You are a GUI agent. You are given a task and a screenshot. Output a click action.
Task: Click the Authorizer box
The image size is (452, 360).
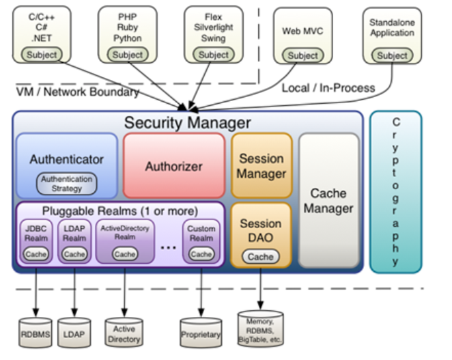(173, 165)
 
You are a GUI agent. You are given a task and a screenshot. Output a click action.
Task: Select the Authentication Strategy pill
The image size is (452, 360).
(66, 183)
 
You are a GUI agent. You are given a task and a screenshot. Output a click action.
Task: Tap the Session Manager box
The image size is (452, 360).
(262, 165)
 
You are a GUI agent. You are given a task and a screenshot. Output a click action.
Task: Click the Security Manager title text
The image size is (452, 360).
(187, 123)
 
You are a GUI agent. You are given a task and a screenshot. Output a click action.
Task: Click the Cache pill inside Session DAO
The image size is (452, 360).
(260, 256)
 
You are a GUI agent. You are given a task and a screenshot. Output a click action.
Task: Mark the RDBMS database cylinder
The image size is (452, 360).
(35, 333)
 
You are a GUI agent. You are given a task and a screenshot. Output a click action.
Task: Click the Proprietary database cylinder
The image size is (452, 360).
(201, 333)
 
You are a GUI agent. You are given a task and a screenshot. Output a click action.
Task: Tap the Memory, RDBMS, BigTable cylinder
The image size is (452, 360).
(260, 329)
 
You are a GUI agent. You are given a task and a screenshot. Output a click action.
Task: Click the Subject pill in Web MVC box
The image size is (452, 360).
(302, 55)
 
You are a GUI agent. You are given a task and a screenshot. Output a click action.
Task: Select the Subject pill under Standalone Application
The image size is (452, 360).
(392, 56)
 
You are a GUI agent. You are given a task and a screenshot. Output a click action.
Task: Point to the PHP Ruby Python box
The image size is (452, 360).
(128, 34)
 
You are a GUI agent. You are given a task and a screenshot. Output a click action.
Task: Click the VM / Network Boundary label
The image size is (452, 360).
(77, 92)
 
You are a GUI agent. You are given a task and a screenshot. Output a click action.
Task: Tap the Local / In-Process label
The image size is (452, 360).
(328, 87)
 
